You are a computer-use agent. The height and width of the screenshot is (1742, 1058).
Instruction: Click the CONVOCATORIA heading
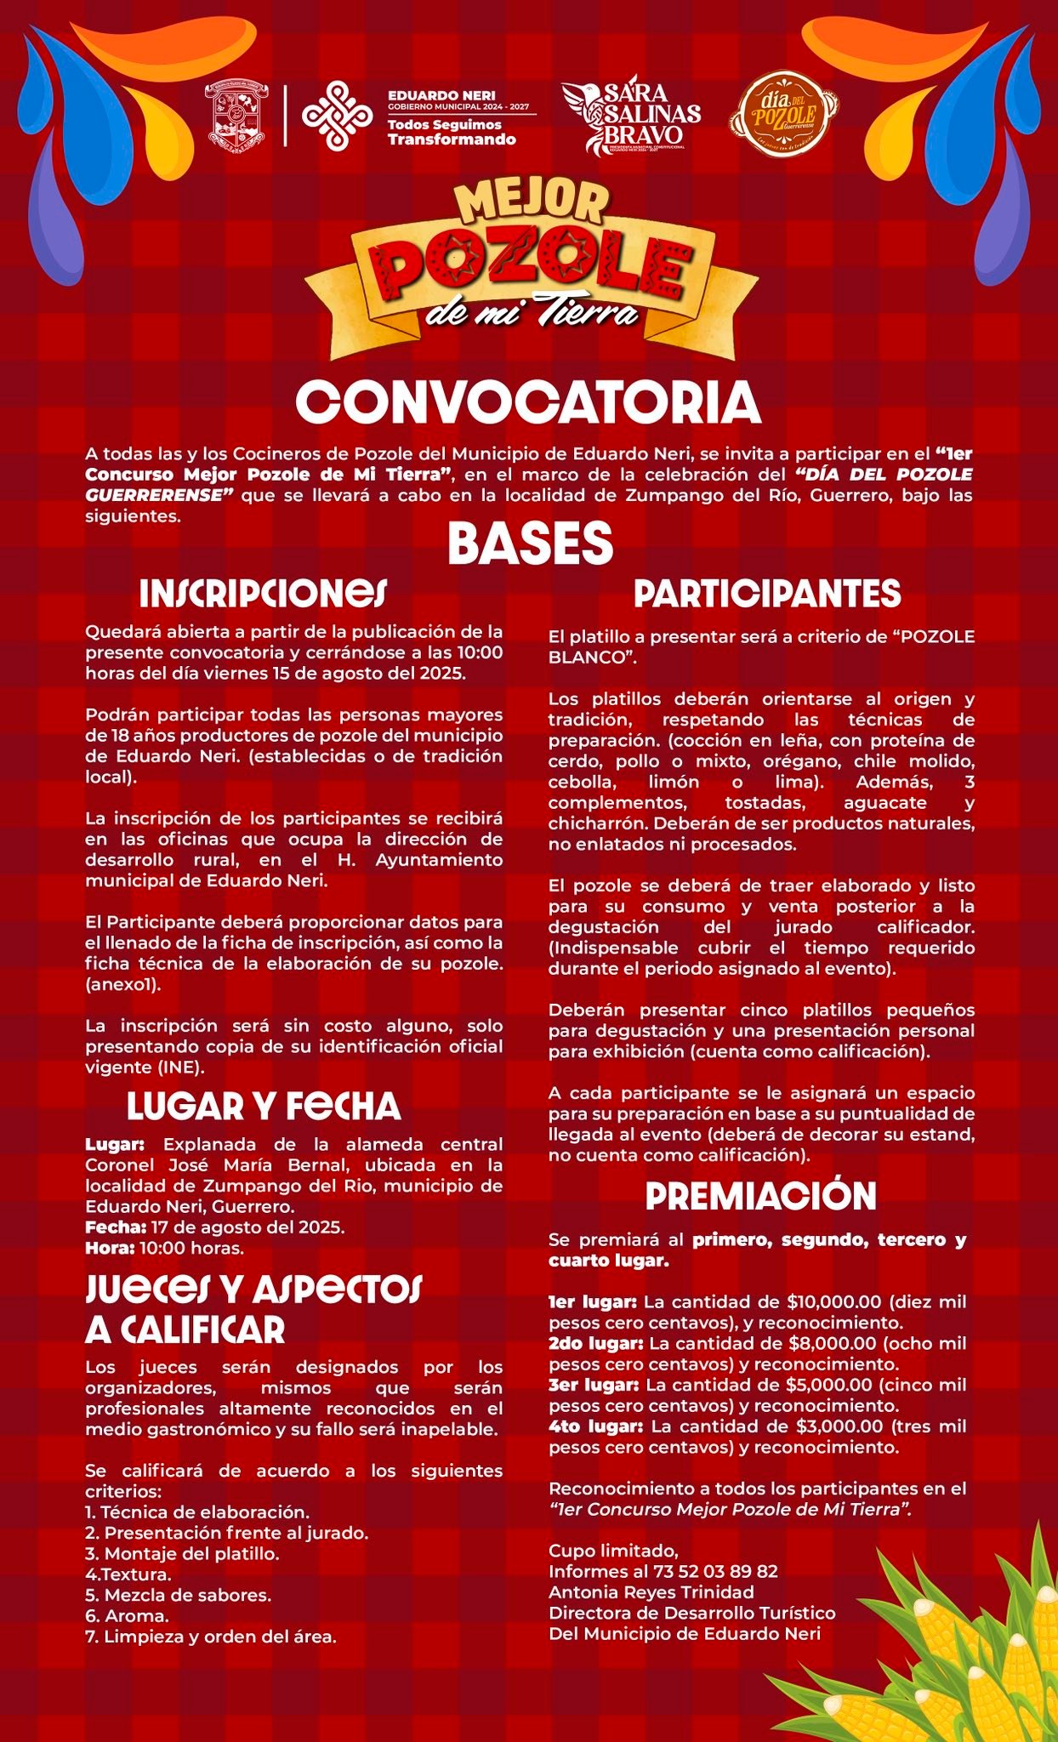click(528, 402)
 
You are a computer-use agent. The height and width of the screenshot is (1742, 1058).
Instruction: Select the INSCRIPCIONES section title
click(264, 595)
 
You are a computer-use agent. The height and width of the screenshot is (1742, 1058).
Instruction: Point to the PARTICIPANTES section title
click(767, 594)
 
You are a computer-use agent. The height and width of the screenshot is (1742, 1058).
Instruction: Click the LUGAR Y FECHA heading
click(264, 1106)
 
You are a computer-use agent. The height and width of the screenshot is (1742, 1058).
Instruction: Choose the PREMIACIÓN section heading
click(760, 1196)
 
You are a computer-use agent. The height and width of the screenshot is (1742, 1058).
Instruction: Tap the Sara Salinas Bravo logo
click(633, 118)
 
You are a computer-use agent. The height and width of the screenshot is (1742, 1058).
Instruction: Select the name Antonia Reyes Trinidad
click(651, 1592)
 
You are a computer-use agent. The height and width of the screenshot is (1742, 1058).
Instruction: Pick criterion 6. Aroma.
click(127, 1616)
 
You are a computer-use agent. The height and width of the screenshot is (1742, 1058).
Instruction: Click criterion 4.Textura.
click(128, 1574)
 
